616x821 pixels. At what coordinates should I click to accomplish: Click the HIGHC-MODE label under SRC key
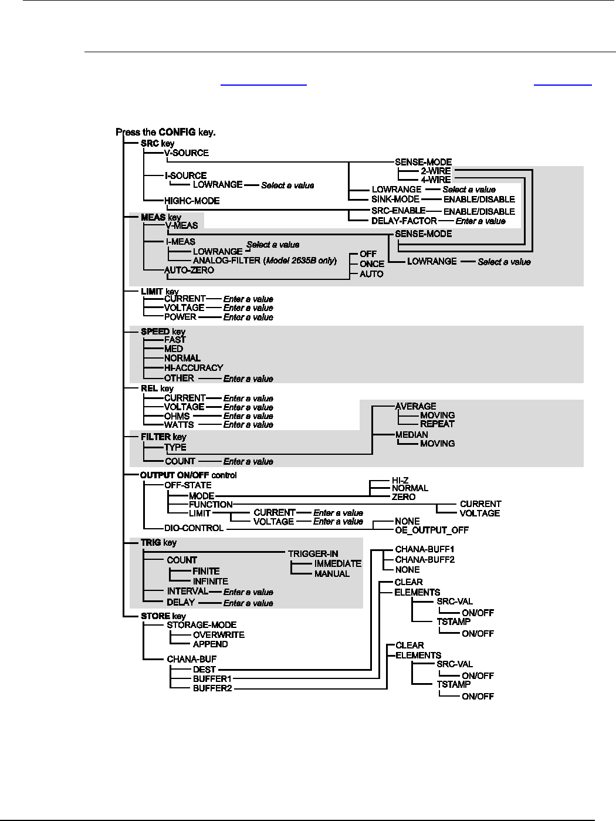tap(192, 201)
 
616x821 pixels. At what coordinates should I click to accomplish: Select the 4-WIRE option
tap(436, 180)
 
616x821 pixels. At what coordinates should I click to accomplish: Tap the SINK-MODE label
tap(395, 199)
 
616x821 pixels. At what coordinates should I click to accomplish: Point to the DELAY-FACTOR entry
tap(404, 221)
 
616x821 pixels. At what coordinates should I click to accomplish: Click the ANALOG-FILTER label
tap(227, 260)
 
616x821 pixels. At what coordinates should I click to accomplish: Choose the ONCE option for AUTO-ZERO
tap(372, 263)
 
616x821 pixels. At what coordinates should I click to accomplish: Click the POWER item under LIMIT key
tap(180, 317)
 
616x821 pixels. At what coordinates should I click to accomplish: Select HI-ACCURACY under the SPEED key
tap(194, 367)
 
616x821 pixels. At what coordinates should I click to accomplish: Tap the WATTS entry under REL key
tap(179, 424)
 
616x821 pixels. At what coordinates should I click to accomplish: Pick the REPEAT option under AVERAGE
tap(437, 424)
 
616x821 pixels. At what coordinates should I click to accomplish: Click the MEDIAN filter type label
tap(411, 434)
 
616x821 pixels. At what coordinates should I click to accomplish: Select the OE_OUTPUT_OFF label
tap(432, 530)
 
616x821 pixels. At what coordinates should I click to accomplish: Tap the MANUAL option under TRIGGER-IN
tap(331, 573)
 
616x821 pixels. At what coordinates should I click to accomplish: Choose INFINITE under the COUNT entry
tap(210, 581)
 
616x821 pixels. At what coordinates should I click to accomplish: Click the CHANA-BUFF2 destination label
tap(425, 559)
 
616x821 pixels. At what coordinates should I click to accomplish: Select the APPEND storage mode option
tap(210, 644)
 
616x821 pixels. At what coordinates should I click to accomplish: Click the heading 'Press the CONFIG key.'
tap(166, 132)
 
